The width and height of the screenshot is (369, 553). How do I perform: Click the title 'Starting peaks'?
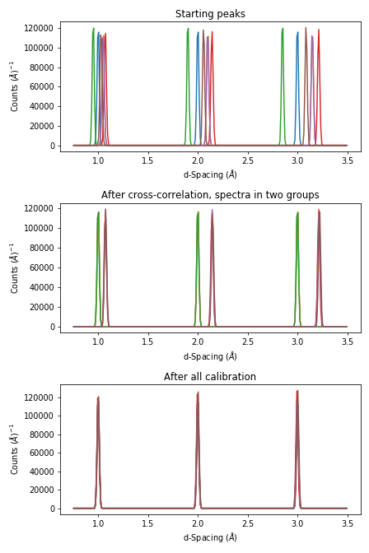pyautogui.click(x=210, y=14)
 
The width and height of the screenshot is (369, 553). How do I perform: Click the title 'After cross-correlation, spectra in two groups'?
pyautogui.click(x=210, y=195)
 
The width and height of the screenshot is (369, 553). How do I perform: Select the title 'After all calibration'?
pyautogui.click(x=210, y=377)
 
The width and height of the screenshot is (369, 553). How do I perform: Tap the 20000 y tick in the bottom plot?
pyautogui.click(x=41, y=490)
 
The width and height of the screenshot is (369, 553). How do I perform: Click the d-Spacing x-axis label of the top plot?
pyautogui.click(x=210, y=174)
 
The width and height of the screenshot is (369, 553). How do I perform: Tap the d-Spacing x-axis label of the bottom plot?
pyautogui.click(x=210, y=537)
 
